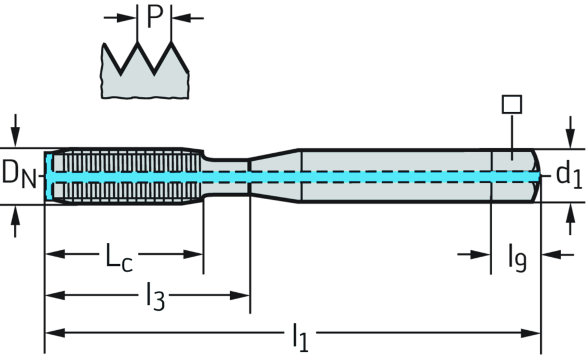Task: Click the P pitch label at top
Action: click(155, 17)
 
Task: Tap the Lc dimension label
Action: click(119, 256)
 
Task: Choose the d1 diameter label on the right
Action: click(569, 175)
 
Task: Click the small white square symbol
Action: click(511, 104)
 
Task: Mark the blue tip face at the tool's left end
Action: click(49, 175)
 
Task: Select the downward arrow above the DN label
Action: click(16, 135)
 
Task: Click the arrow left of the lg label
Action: click(479, 254)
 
